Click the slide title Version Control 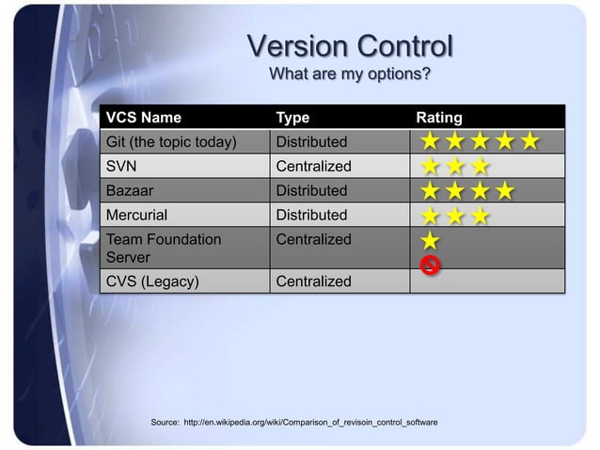tap(350, 47)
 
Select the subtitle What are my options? tap(350, 74)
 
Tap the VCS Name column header tap(144, 118)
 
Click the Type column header tap(292, 118)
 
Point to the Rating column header tap(439, 118)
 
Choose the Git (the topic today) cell tap(170, 142)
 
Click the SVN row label tap(121, 167)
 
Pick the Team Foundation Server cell tap(163, 248)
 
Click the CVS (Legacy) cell tap(151, 281)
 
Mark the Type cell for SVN tap(313, 167)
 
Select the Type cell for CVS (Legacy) tap(313, 281)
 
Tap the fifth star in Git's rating tap(529, 142)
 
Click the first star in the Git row tap(430, 142)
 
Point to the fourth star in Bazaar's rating tap(504, 192)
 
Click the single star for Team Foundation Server tap(430, 241)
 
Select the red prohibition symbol tap(430, 265)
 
